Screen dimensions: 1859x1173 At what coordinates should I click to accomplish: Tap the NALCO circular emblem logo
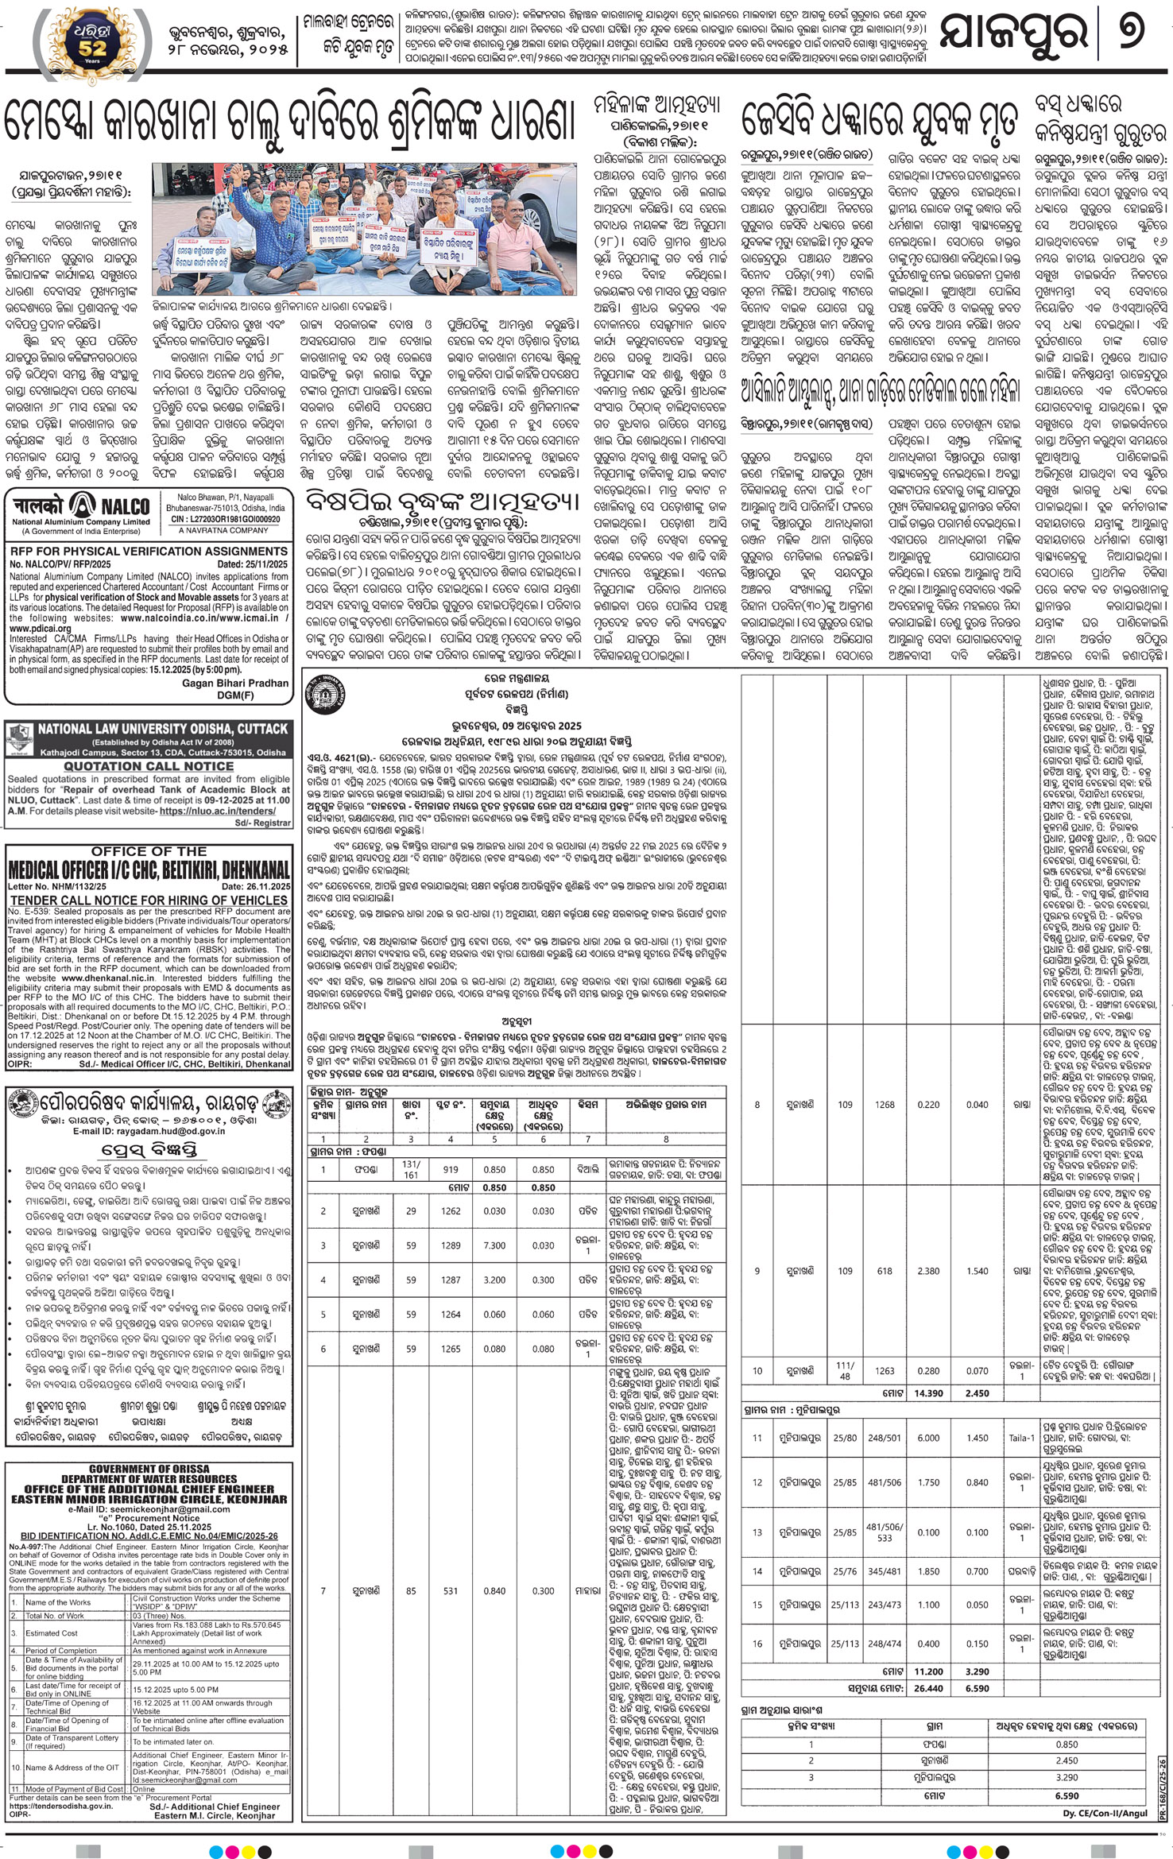(82, 505)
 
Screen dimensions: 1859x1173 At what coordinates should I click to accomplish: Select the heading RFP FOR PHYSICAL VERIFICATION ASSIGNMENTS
(149, 551)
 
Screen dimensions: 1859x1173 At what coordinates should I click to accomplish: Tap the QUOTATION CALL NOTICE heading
(149, 766)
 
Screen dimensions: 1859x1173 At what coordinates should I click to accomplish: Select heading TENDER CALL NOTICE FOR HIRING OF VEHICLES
(149, 898)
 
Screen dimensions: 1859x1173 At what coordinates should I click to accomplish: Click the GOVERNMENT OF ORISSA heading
(149, 1468)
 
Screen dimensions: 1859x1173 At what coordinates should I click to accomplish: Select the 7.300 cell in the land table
(495, 1245)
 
